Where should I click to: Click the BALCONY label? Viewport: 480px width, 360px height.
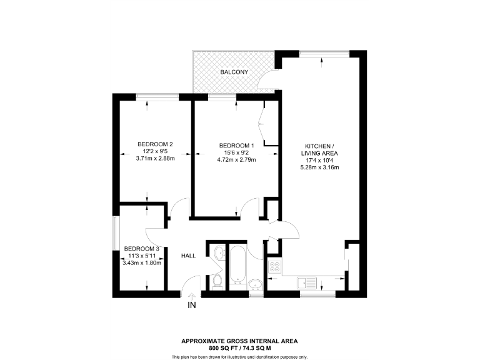(234, 72)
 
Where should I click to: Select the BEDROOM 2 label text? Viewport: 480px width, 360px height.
(155, 144)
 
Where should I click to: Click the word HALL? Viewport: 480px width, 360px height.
(189, 256)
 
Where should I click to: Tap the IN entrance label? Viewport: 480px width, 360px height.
(192, 306)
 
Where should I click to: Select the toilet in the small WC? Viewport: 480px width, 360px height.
(216, 279)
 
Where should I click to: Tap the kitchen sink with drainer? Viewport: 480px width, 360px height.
(307, 282)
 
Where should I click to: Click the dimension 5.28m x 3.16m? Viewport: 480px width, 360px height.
(319, 167)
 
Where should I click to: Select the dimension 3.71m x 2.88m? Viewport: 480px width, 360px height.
(155, 159)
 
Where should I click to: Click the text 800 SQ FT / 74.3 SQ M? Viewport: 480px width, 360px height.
(239, 347)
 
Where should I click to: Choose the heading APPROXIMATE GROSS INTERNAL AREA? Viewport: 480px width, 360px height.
(239, 341)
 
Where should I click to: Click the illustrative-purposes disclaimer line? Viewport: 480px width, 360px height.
(239, 356)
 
